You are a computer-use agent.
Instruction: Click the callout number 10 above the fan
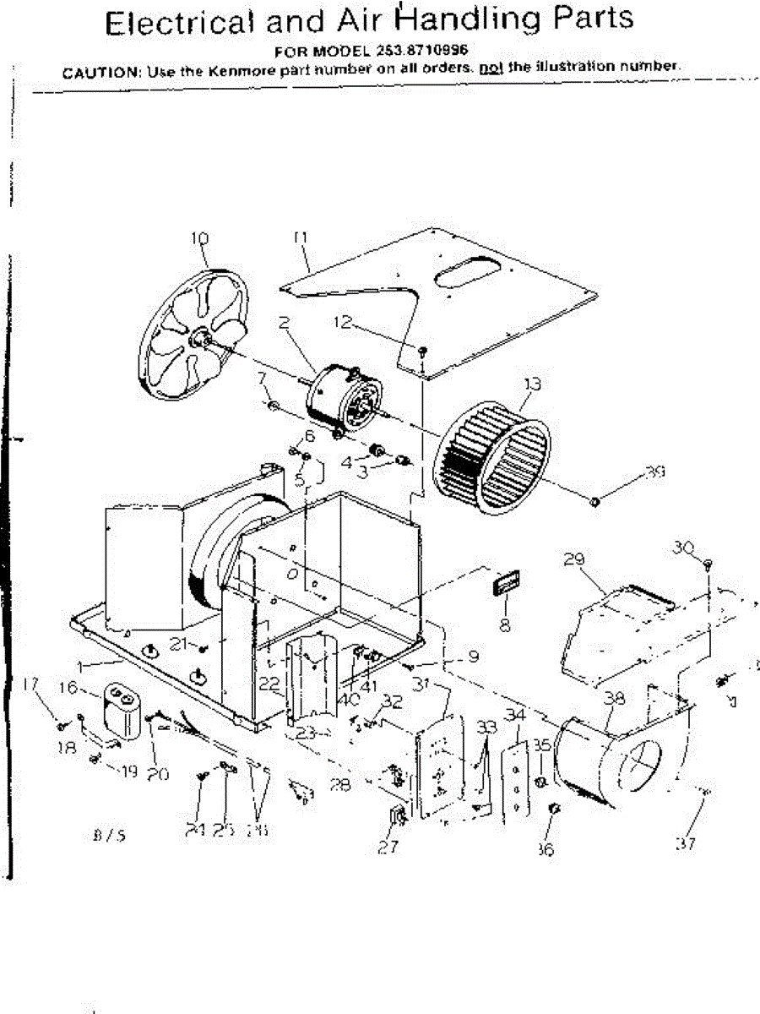click(x=199, y=239)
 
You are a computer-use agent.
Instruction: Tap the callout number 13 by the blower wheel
click(x=531, y=384)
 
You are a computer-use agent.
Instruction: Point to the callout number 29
click(x=574, y=559)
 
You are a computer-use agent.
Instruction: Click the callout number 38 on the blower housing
click(x=616, y=699)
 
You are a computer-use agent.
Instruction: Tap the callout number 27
click(x=388, y=848)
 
